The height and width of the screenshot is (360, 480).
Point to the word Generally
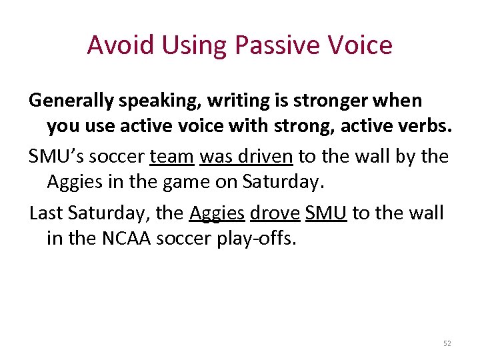coord(70,101)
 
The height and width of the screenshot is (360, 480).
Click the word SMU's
coord(56,157)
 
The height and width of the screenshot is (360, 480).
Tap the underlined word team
coord(172,157)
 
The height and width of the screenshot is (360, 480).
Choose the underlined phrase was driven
coord(246,157)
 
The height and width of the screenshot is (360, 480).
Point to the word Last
coord(44,213)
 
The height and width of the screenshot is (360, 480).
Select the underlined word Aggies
coord(217,213)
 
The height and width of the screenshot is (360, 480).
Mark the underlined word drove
coord(275,213)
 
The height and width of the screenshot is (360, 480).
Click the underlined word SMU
coord(326,213)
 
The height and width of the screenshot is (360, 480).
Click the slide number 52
coord(447,343)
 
